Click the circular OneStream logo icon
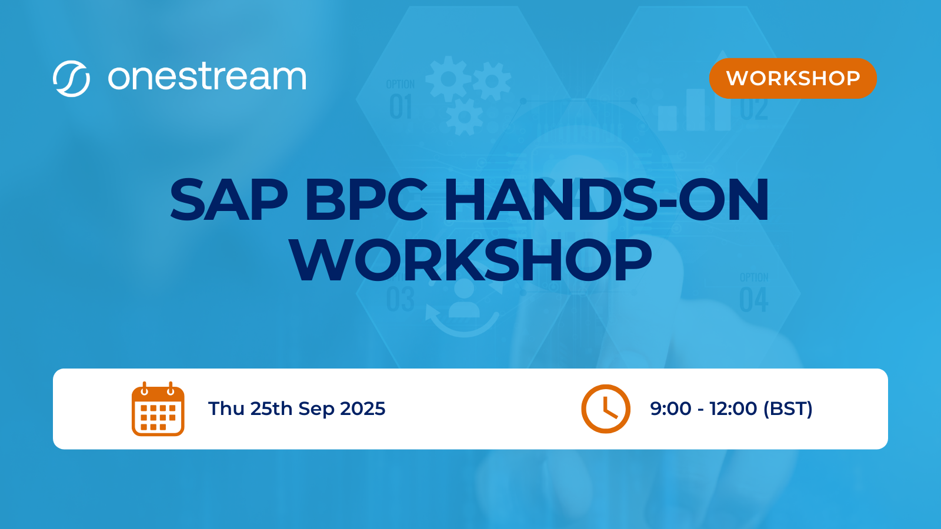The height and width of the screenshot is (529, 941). pyautogui.click(x=71, y=78)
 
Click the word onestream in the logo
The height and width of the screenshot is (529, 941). pyautogui.click(x=207, y=78)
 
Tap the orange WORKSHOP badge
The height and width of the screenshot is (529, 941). pyautogui.click(x=793, y=78)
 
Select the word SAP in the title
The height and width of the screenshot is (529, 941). pyautogui.click(x=229, y=200)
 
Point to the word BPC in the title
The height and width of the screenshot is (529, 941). pyautogui.click(x=366, y=200)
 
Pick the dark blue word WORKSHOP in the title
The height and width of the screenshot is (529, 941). pyautogui.click(x=470, y=260)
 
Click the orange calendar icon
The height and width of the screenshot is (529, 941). pyautogui.click(x=158, y=409)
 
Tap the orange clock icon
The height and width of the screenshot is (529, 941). pyautogui.click(x=606, y=409)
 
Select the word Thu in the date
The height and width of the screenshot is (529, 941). pyautogui.click(x=226, y=409)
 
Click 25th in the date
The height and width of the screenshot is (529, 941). pyautogui.click(x=271, y=409)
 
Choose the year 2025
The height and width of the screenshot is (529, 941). pyautogui.click(x=363, y=409)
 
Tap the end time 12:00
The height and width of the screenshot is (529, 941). pyautogui.click(x=733, y=409)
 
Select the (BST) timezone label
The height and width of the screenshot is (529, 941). pyautogui.click(x=787, y=409)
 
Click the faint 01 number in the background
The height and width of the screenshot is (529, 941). pyautogui.click(x=401, y=108)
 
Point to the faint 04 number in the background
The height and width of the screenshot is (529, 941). pyautogui.click(x=753, y=300)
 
